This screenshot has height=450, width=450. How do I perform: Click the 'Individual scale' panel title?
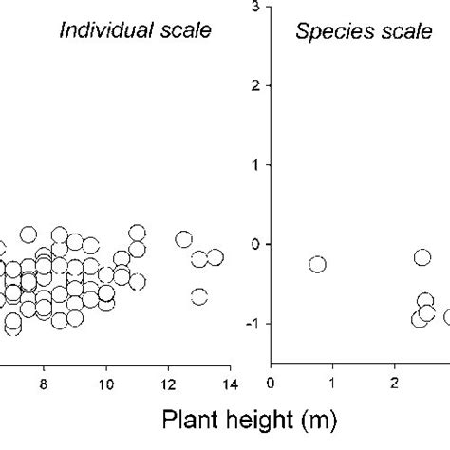point(135,30)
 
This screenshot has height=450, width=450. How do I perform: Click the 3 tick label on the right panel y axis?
point(255,7)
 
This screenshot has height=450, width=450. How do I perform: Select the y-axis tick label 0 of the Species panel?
point(255,244)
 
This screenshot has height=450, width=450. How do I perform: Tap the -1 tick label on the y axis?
point(253,324)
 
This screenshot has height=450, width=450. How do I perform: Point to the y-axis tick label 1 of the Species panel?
point(255,165)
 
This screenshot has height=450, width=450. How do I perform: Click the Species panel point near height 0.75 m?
point(317,264)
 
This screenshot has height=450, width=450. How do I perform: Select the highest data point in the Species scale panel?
point(422,256)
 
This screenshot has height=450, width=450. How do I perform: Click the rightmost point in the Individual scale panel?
point(215,257)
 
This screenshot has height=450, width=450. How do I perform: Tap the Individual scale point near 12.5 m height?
point(183,239)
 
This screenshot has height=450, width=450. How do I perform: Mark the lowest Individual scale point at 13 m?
point(198,296)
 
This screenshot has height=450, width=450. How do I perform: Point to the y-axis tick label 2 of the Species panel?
point(255,85)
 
